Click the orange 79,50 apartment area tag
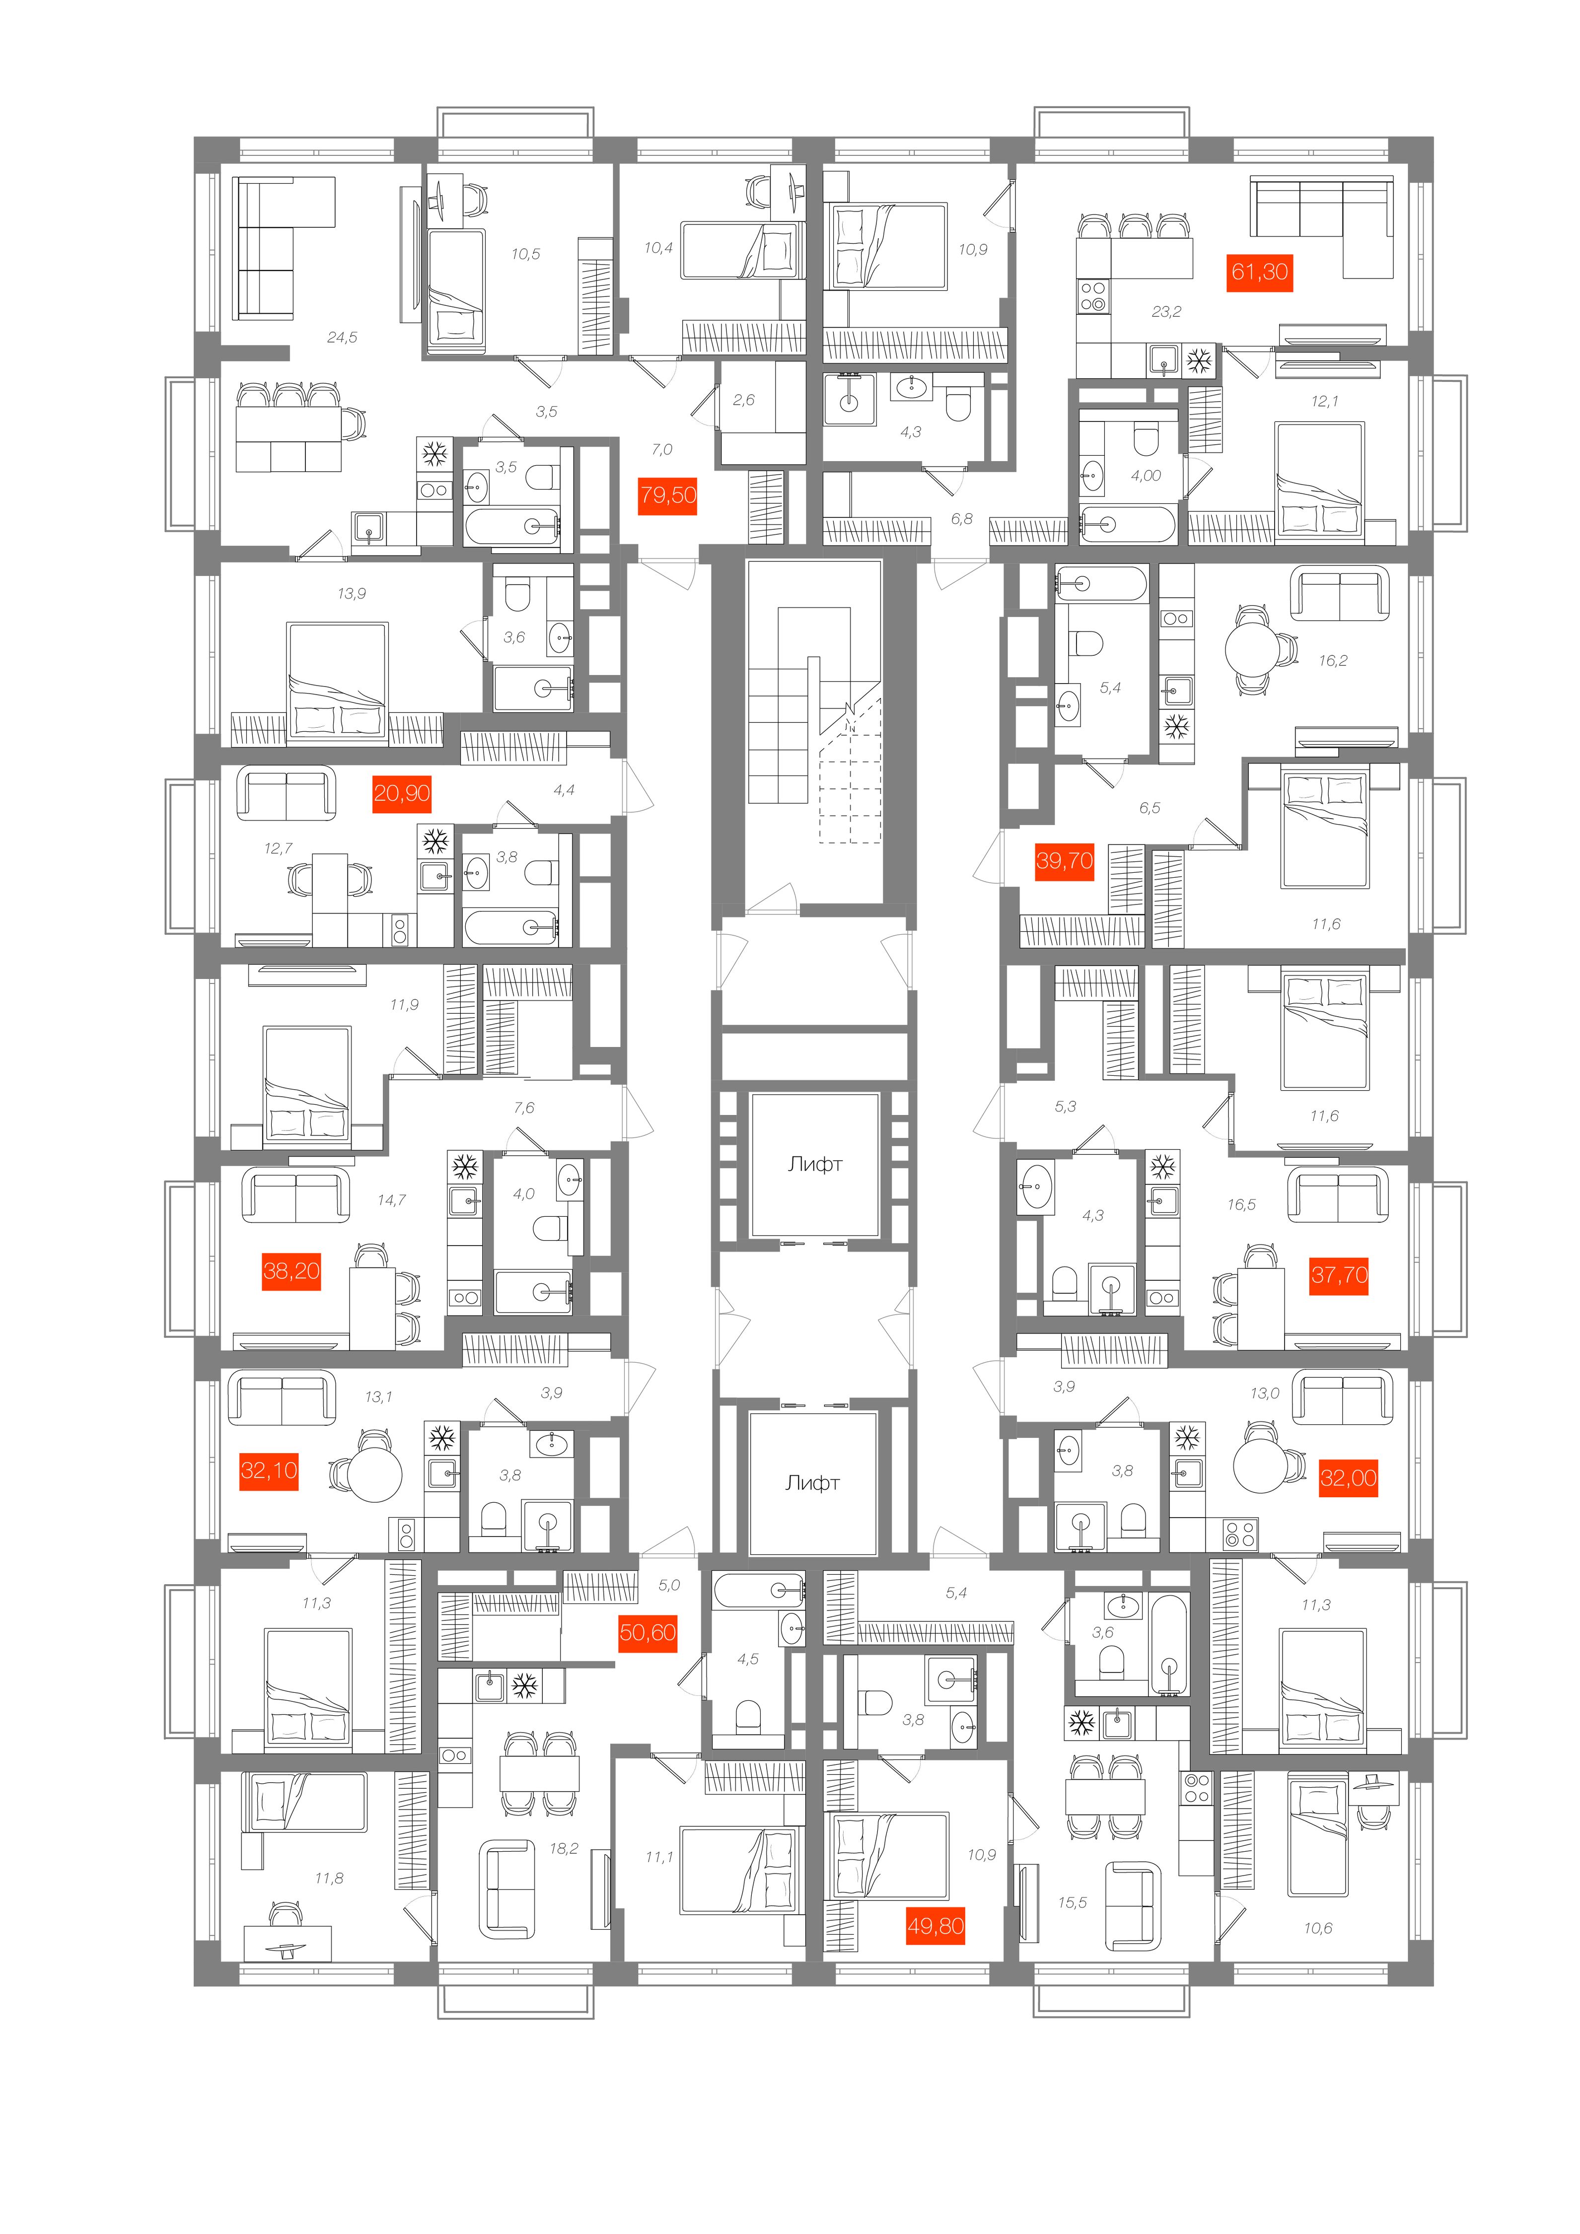pyautogui.click(x=668, y=495)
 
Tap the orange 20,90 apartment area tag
pyautogui.click(x=402, y=793)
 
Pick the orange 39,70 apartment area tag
pyautogui.click(x=1065, y=860)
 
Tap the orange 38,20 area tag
pyautogui.click(x=291, y=1271)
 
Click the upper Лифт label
pyautogui.click(x=815, y=1164)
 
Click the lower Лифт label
pyautogui.click(x=812, y=1483)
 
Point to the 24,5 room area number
pyautogui.click(x=342, y=338)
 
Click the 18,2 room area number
pyautogui.click(x=563, y=1848)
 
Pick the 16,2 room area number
pyautogui.click(x=1333, y=661)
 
